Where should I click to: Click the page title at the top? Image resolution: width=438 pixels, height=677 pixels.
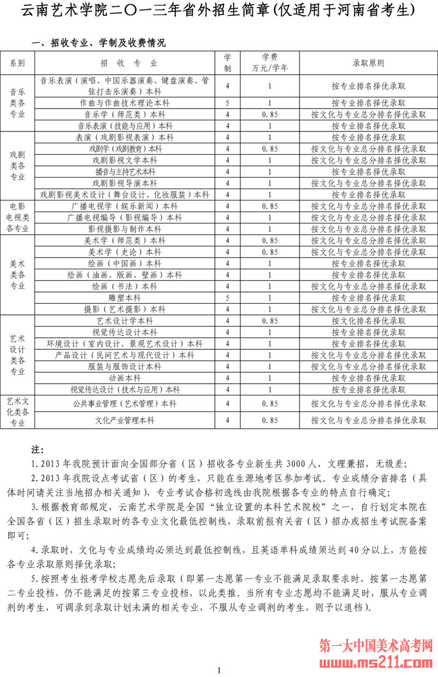218,11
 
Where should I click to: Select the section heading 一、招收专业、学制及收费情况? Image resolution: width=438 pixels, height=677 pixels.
99,43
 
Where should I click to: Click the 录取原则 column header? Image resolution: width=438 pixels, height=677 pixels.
369,63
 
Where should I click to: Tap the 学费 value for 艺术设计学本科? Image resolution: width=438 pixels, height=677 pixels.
269,321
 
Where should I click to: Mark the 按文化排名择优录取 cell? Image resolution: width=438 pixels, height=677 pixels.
369,321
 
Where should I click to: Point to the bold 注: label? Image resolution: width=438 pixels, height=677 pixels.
38,450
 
